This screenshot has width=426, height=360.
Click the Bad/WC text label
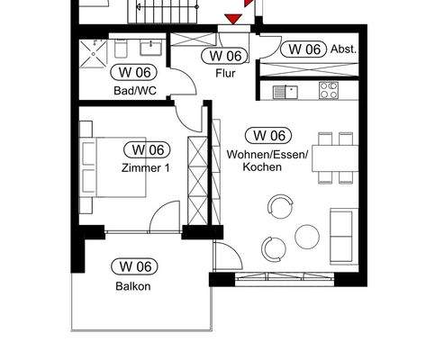[x=133, y=90]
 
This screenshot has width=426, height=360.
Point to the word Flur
[x=225, y=74]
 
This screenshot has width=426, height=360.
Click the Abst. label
[x=345, y=49]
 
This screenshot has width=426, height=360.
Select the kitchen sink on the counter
[x=286, y=91]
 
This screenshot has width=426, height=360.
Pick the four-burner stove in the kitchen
[x=329, y=91]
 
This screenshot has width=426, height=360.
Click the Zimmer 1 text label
[x=146, y=167]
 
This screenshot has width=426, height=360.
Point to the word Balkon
[x=132, y=286]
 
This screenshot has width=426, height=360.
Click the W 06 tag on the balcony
[x=133, y=266]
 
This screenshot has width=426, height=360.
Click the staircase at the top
[x=165, y=13]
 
